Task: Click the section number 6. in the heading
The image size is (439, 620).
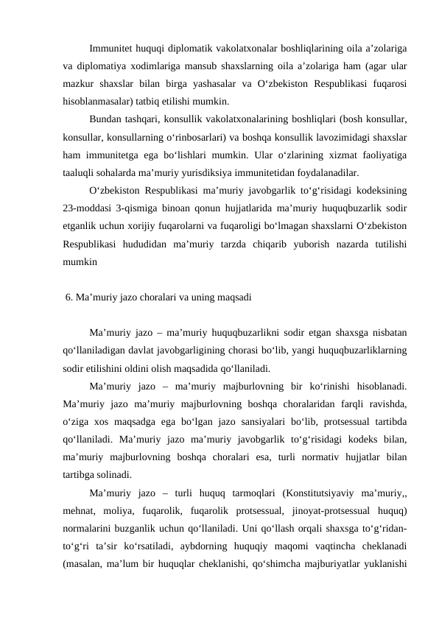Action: coord(70,297)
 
